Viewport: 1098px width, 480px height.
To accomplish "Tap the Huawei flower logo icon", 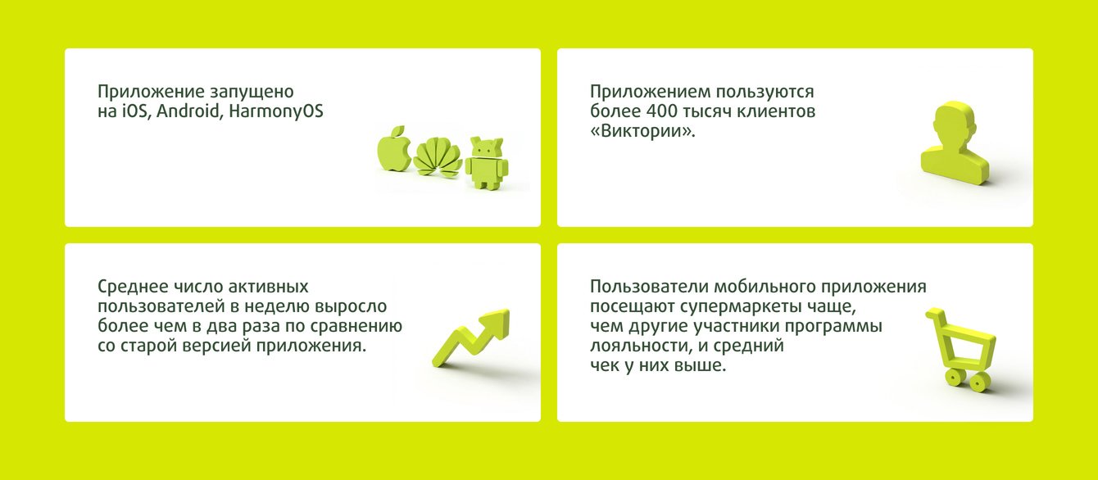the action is pyautogui.click(x=438, y=157).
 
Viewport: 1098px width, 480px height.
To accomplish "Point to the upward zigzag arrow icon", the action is pyautogui.click(x=470, y=338).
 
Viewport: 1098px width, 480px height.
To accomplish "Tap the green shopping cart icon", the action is pyautogui.click(x=960, y=349).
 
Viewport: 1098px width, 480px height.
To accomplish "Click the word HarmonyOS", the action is pyautogui.click(x=276, y=111).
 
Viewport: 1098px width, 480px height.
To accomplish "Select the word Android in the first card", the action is pyautogui.click(x=188, y=111).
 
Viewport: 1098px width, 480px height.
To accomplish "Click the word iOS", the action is pyautogui.click(x=134, y=111).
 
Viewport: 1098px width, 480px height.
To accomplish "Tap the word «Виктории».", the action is pyautogui.click(x=642, y=131).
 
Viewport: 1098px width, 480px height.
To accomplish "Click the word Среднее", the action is pyautogui.click(x=130, y=287).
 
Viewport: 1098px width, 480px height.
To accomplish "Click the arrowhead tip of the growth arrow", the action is pyautogui.click(x=509, y=310).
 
